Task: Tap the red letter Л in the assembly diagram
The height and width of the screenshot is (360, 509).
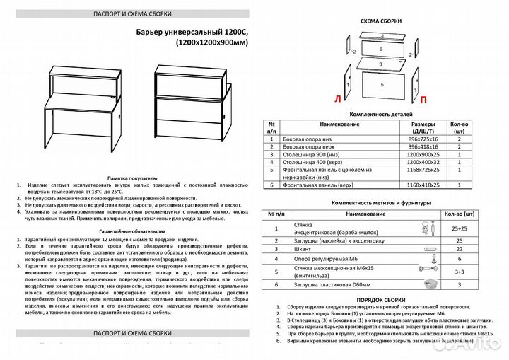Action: (337, 100)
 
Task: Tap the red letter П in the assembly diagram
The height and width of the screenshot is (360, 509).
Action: (423, 100)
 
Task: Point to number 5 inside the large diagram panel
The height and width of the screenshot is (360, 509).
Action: (382, 84)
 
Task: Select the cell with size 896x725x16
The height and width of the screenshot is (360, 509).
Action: (414, 140)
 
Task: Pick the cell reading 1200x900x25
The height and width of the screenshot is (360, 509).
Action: (414, 154)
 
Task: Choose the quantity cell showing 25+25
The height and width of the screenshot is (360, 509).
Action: (458, 228)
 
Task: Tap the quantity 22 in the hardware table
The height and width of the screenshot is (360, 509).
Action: (458, 250)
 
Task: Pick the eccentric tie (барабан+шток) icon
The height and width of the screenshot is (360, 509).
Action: (426, 228)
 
